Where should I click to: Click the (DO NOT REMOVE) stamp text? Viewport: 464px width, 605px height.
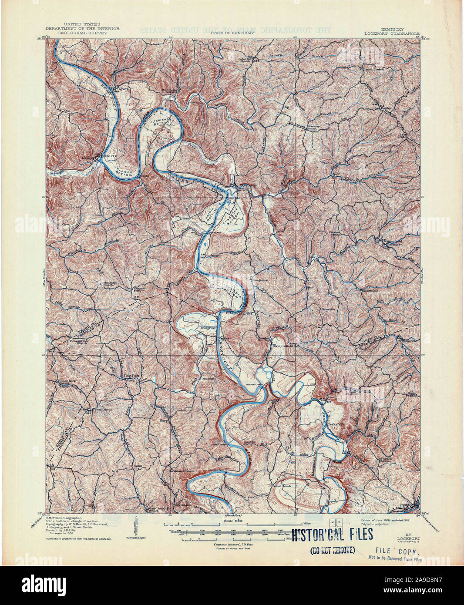pos(332,550)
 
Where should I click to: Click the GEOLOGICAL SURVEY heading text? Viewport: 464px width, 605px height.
pos(82,33)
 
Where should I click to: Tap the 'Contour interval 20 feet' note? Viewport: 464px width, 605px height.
pos(232,544)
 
